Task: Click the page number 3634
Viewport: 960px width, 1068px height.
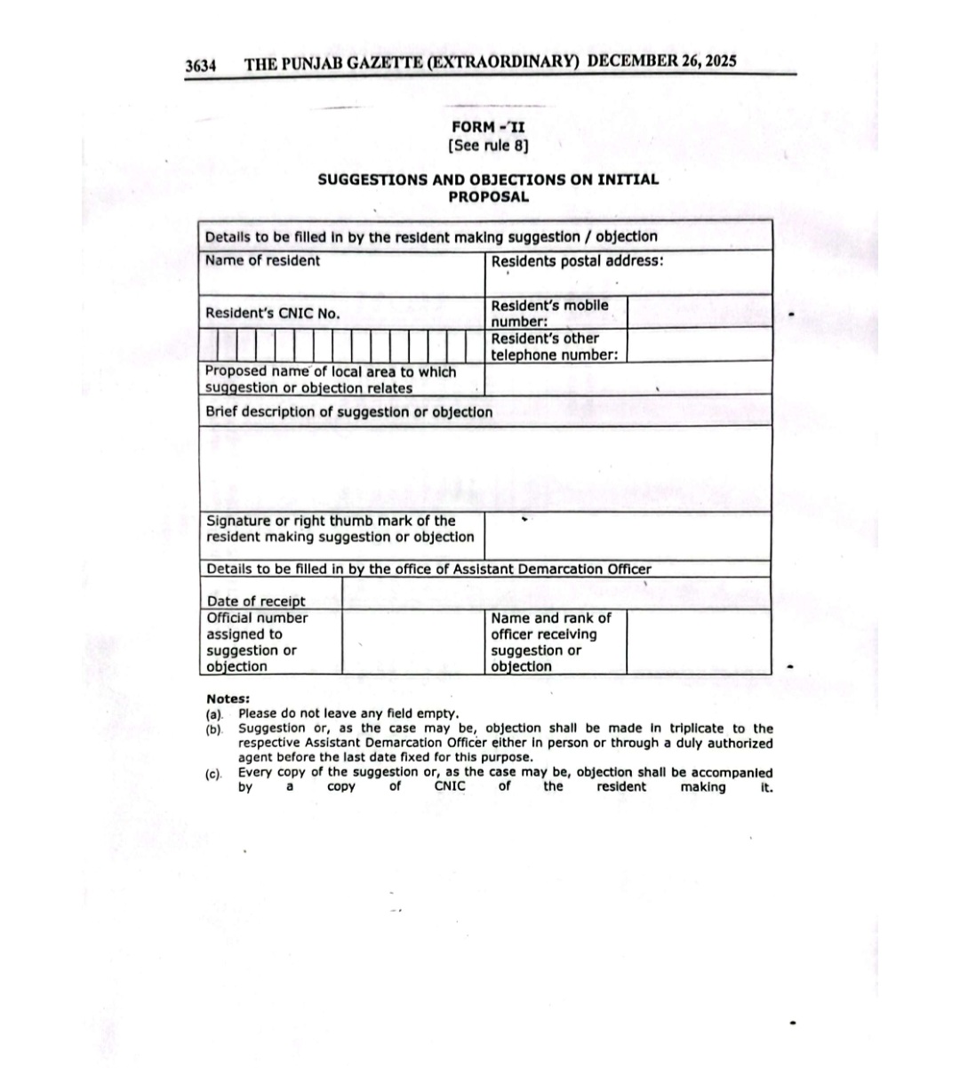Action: (201, 65)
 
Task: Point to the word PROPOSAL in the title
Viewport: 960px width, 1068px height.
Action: (488, 196)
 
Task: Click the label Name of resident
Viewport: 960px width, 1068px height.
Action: (262, 260)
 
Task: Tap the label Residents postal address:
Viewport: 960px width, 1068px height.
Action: (577, 261)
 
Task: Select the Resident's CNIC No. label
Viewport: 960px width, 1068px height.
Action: (272, 313)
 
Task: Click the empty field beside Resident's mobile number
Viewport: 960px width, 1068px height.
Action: (699, 313)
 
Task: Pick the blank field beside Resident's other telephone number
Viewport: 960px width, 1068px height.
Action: (699, 346)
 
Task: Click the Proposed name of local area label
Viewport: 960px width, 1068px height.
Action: (330, 379)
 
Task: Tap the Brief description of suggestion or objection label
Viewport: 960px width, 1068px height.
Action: (348, 412)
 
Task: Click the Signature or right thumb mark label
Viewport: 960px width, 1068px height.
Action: (340, 529)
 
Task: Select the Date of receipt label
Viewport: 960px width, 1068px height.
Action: (256, 602)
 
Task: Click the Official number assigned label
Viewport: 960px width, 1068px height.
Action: (257, 642)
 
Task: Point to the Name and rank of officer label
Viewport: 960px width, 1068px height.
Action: (551, 642)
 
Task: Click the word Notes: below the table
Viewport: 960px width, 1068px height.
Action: (228, 698)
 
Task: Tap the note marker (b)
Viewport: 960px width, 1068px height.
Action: (213, 729)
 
